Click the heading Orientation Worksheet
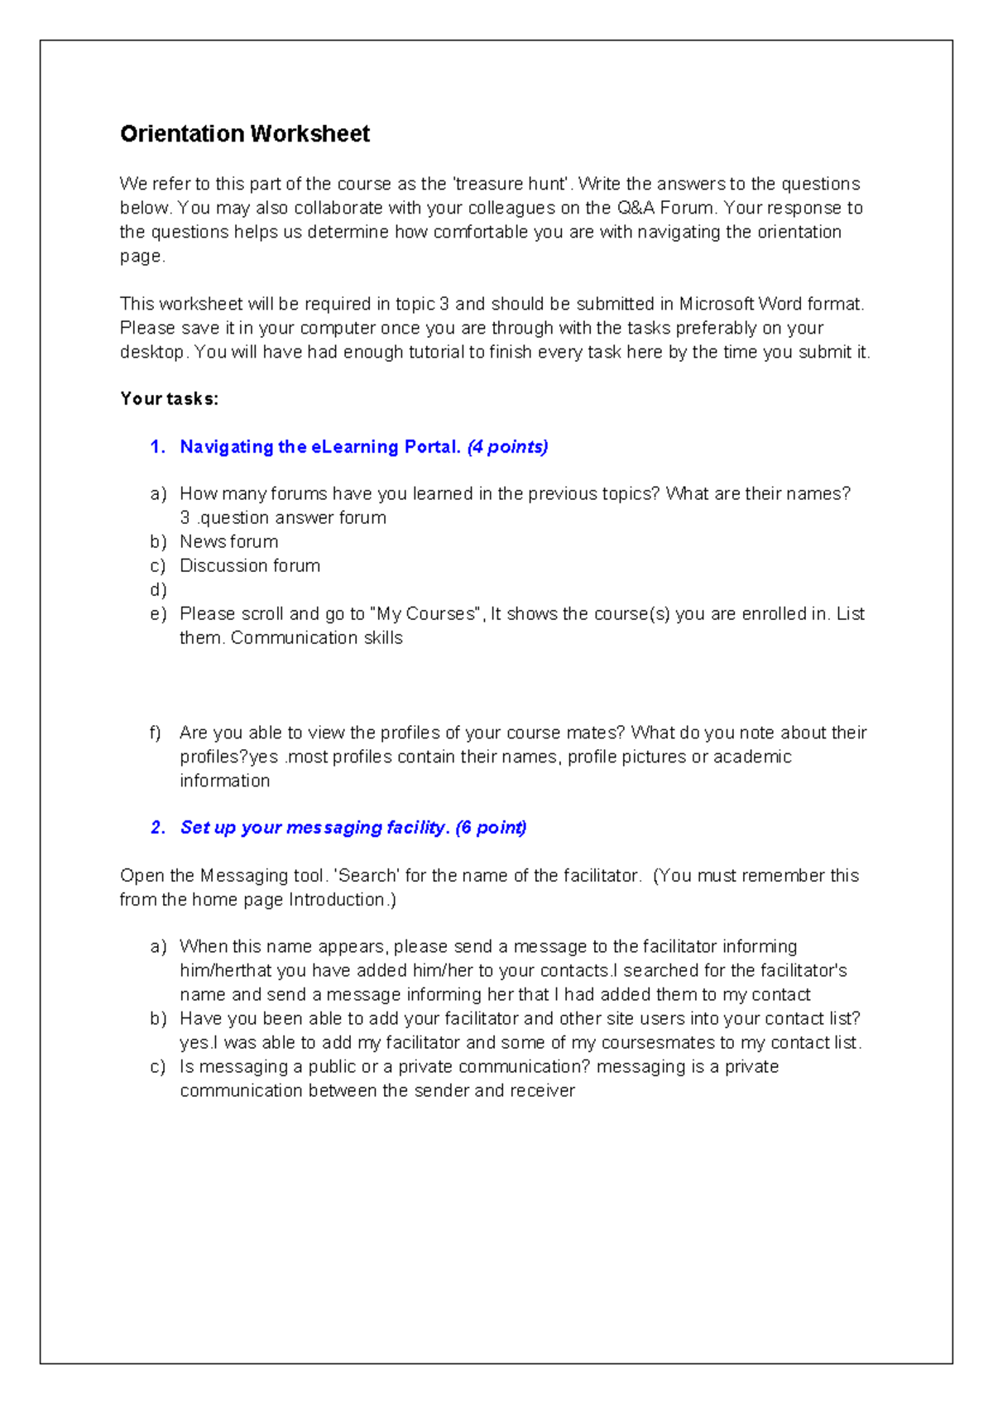(244, 134)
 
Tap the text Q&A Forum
(664, 208)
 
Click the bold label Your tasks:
(169, 399)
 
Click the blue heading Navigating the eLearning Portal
(319, 447)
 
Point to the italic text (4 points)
(507, 447)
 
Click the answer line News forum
(228, 541)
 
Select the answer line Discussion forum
(249, 565)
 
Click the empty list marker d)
(158, 590)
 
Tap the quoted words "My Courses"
(427, 614)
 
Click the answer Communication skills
(316, 638)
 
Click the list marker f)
(156, 733)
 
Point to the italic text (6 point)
(491, 828)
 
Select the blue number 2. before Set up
(158, 828)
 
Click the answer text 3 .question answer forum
(282, 518)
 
